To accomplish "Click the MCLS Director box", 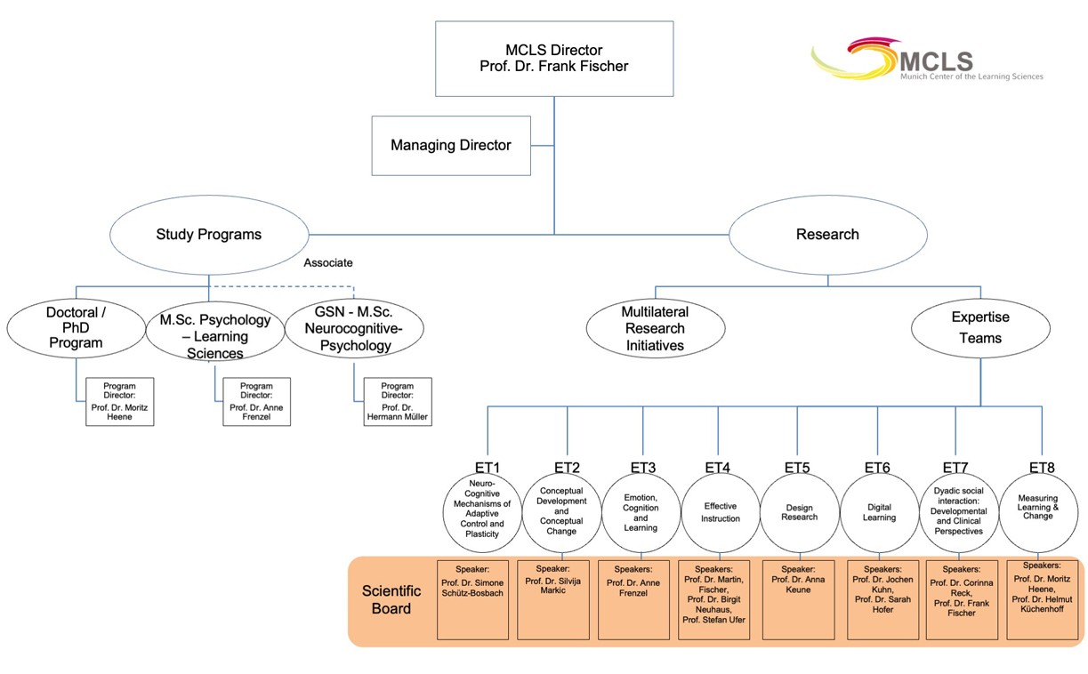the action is coord(554,59).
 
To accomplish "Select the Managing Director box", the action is coord(451,146).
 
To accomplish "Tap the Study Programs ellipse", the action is coord(209,235).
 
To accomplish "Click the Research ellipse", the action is coord(828,235).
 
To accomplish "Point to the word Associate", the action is coord(328,262).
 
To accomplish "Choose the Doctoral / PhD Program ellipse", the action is coord(77,328).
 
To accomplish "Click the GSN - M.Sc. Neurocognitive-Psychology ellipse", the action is coord(354,328).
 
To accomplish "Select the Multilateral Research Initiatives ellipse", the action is coord(656,328).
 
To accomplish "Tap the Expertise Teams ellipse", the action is coord(980,328).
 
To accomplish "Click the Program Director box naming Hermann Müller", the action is coord(398,402).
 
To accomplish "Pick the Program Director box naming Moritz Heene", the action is coord(120,402).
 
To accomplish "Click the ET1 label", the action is coord(488,467).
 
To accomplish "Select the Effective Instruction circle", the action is coord(721,513).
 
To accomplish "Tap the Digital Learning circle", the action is coord(879,513).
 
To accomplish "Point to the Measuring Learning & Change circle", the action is coord(1038,513).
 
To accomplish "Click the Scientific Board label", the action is coord(391,599).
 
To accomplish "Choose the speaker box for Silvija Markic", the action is coord(553,599).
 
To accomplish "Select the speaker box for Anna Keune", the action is coord(799,599).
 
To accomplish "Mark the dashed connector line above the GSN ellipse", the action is coord(283,286).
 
